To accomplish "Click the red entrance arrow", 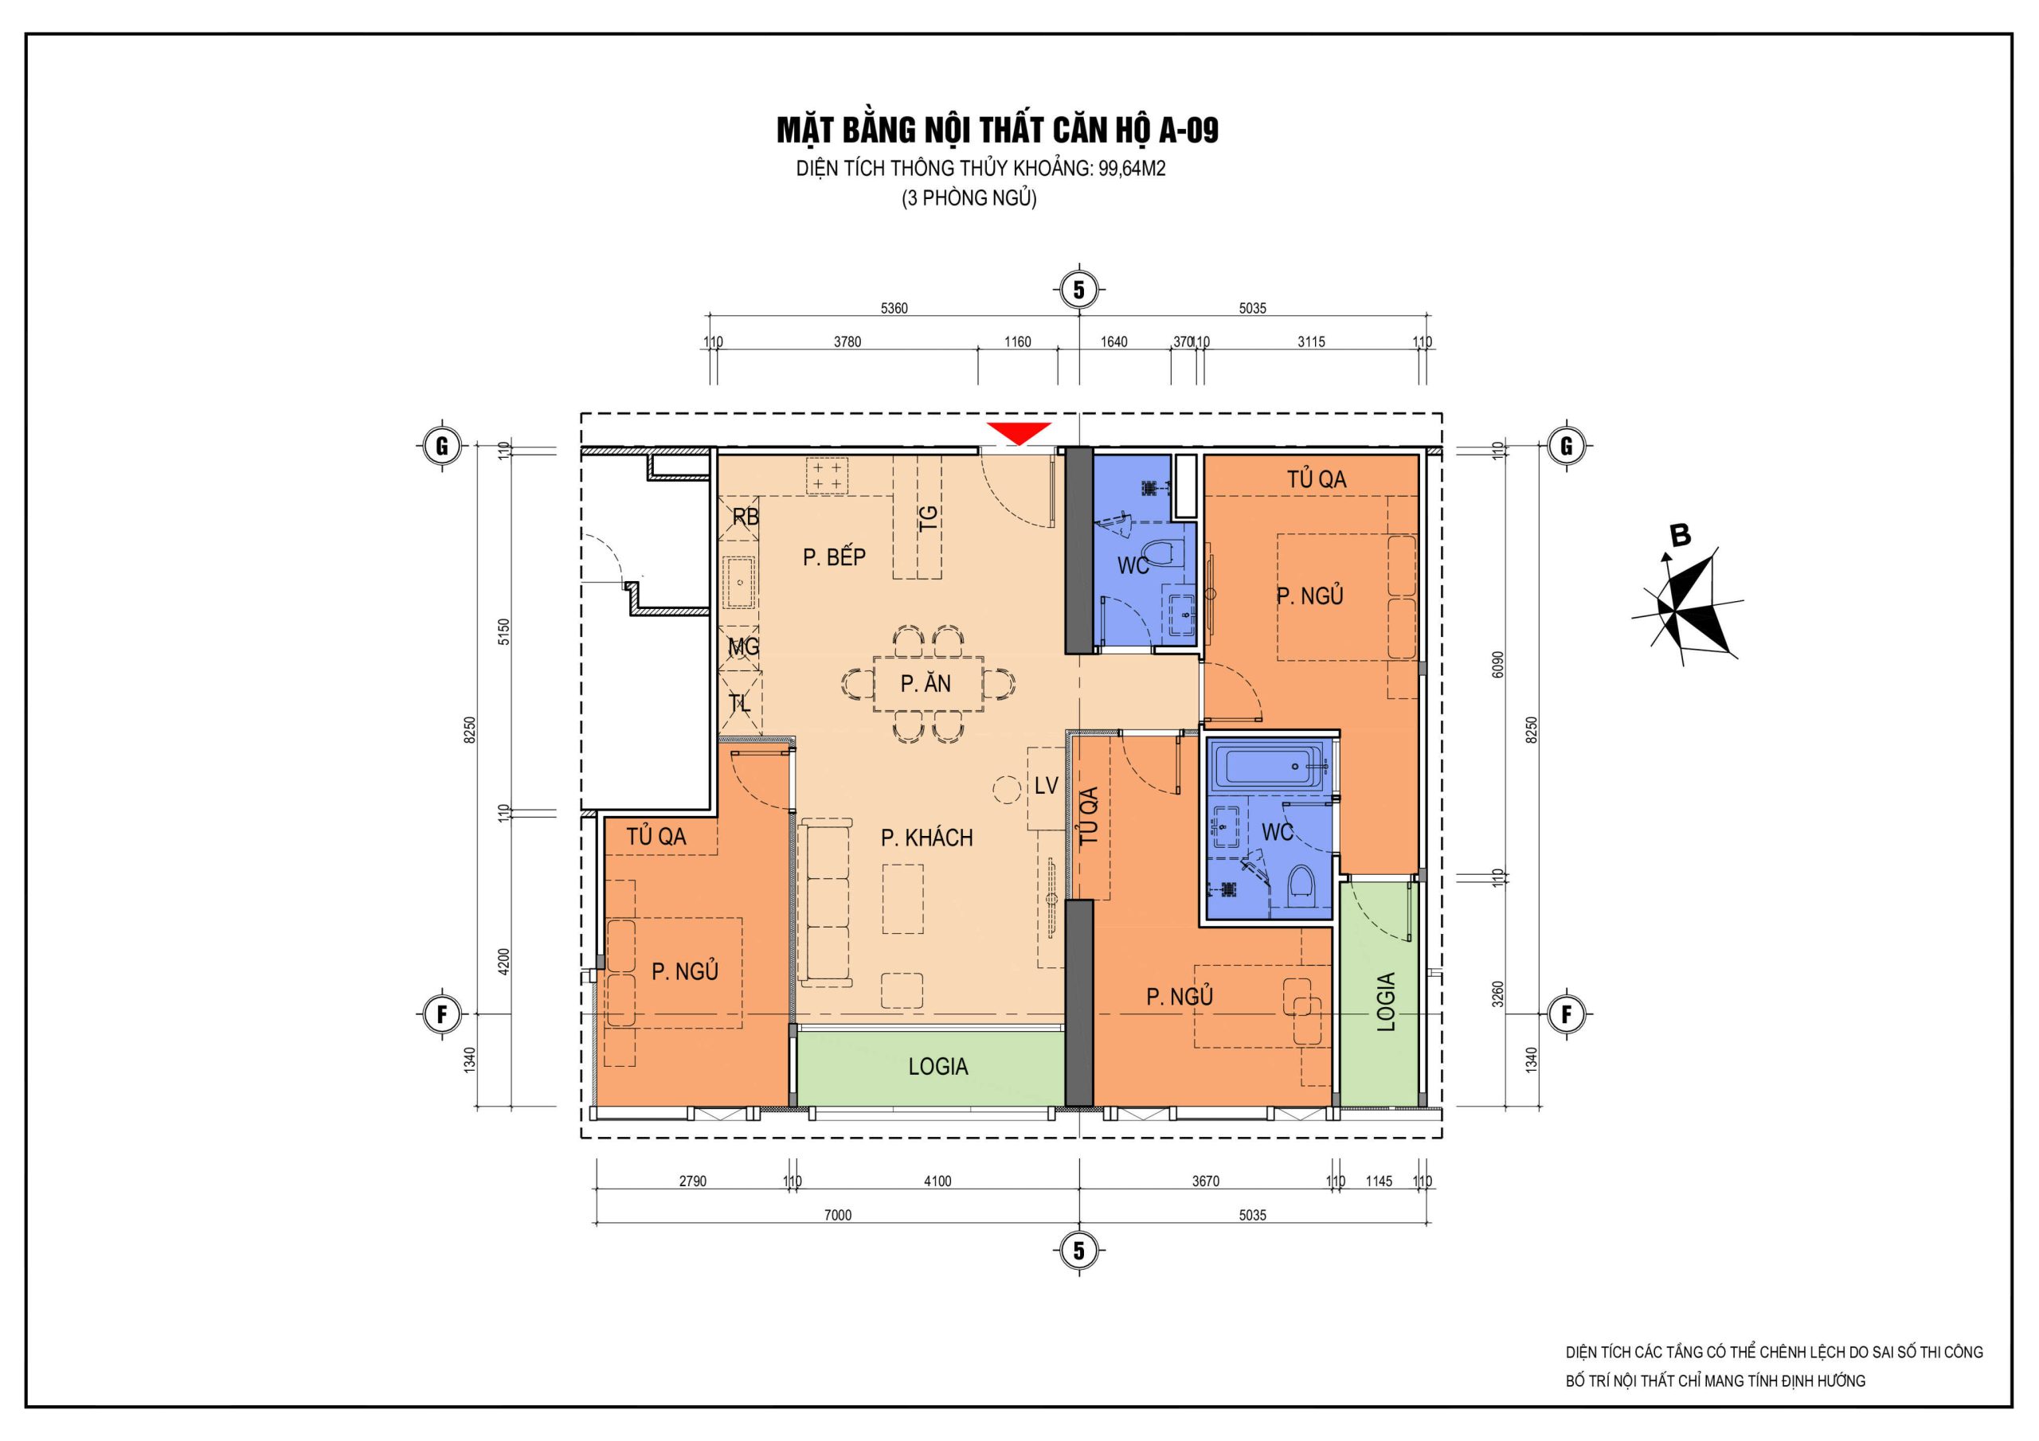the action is (1019, 432).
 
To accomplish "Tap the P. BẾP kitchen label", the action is (834, 556).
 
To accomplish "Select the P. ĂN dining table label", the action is (926, 684).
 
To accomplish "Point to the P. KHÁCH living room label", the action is (926, 838).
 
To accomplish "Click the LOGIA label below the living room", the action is (937, 1066).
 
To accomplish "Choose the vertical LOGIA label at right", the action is (1386, 1002).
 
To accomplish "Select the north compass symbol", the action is (1685, 603).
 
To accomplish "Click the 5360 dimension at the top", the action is (894, 308).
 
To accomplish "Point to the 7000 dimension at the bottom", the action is (837, 1216).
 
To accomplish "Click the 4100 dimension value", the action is (937, 1181).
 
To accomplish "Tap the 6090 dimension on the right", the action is (1498, 664).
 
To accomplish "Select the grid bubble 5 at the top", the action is (1079, 290).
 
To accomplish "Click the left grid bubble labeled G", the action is (441, 446).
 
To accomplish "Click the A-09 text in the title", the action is (1188, 131).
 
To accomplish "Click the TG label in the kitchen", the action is (928, 518).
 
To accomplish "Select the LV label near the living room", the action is (1046, 785).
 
